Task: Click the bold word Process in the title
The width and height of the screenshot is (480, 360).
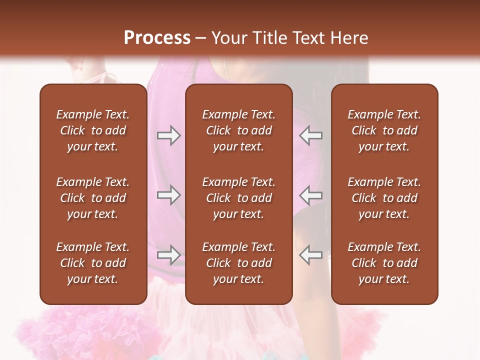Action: (157, 38)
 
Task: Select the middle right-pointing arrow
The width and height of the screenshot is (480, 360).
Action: (168, 195)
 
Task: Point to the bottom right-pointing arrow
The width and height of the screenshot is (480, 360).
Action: (168, 255)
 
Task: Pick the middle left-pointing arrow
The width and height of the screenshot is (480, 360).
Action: (311, 195)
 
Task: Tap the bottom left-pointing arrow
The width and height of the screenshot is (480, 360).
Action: (311, 255)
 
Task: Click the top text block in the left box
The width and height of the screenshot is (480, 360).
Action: (93, 130)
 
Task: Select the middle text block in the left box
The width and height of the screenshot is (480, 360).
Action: (93, 198)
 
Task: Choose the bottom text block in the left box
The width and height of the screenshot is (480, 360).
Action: (93, 263)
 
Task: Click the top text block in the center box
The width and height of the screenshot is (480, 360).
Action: (238, 130)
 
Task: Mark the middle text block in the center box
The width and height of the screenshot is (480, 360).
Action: (238, 198)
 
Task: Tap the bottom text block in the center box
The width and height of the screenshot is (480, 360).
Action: (238, 263)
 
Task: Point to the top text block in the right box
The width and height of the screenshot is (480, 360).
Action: (384, 130)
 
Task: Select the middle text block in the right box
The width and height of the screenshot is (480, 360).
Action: (384, 198)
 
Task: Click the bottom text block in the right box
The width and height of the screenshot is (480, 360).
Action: (384, 263)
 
